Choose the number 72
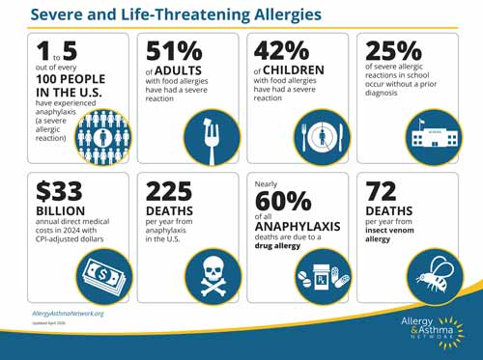pyautogui.click(x=380, y=193)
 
